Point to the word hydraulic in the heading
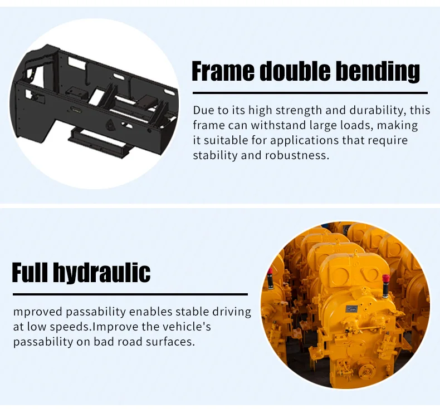pos(102,273)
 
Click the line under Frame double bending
pos(310,93)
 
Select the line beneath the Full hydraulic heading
pos(130,294)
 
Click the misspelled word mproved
pos(38,312)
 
